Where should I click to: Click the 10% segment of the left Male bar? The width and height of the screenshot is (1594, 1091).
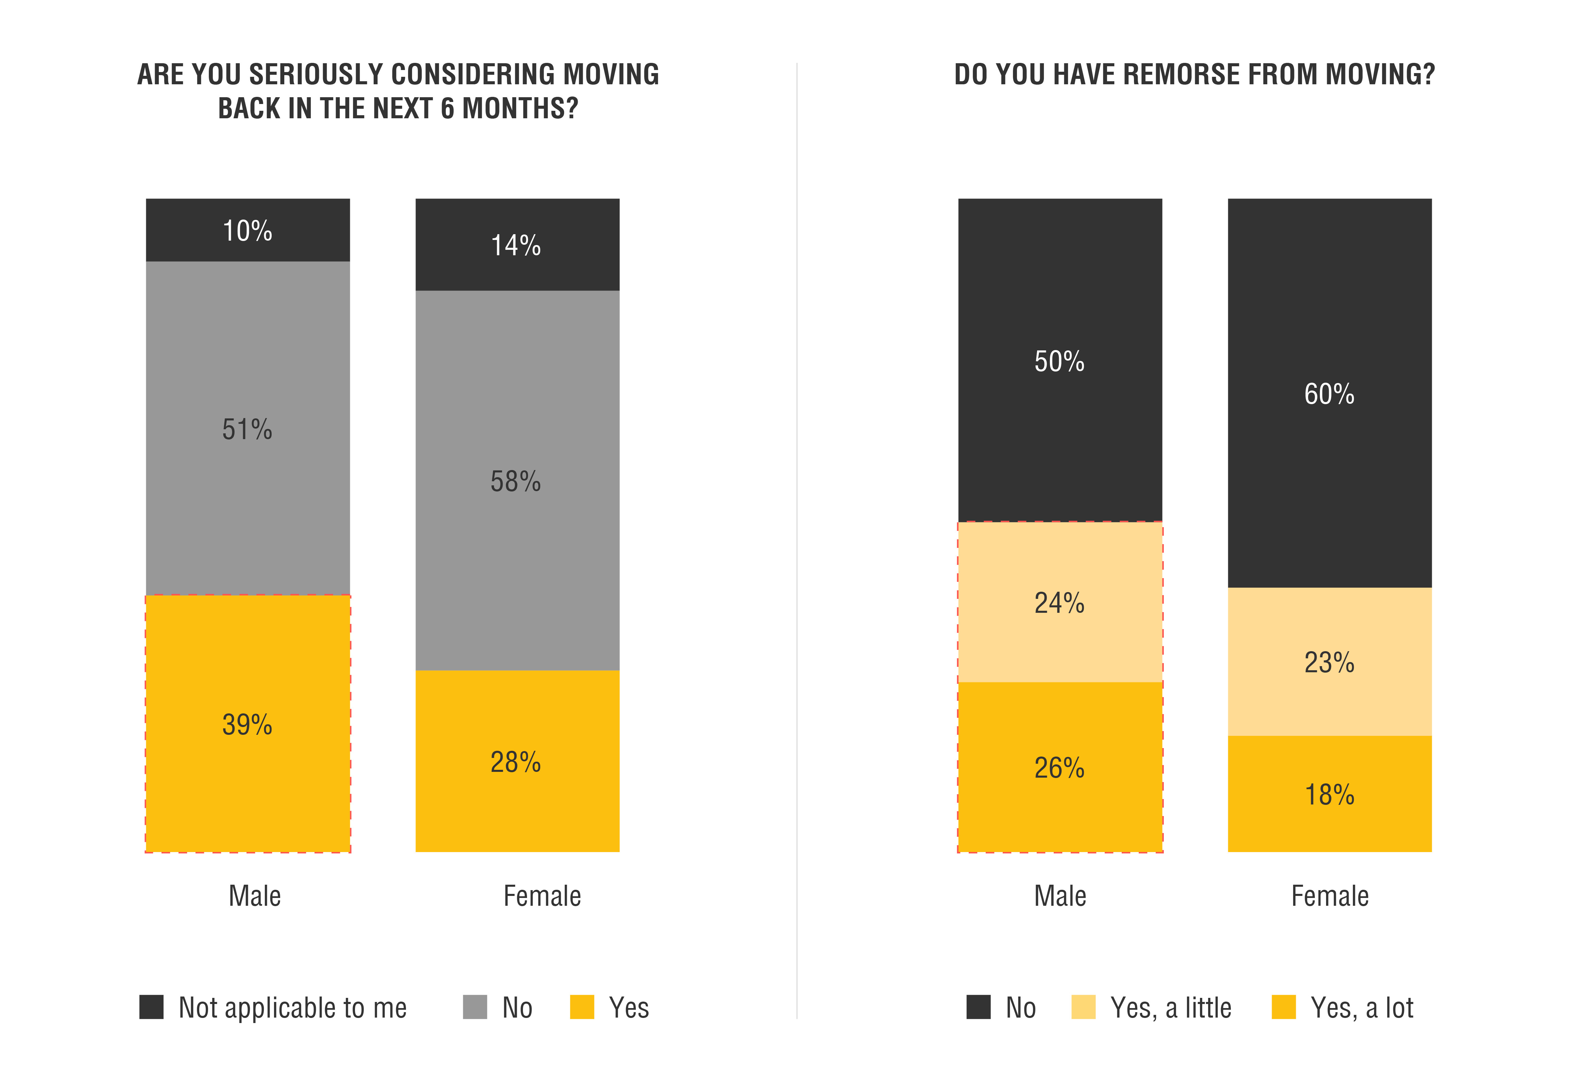(248, 230)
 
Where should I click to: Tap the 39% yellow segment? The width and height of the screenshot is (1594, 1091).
(248, 724)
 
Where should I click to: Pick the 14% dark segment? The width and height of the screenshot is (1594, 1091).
(517, 245)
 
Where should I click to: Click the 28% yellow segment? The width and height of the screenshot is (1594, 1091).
(517, 761)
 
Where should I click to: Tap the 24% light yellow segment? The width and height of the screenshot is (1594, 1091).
(1060, 602)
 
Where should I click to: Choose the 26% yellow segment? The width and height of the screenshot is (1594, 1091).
(1060, 767)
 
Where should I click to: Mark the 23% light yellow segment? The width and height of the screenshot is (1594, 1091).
(1329, 662)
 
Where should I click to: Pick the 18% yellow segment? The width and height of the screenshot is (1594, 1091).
(1329, 794)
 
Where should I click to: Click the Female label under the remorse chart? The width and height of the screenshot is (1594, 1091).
(1329, 896)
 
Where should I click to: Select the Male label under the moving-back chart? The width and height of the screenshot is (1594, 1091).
(254, 896)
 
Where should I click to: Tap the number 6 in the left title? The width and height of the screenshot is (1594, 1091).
(447, 108)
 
